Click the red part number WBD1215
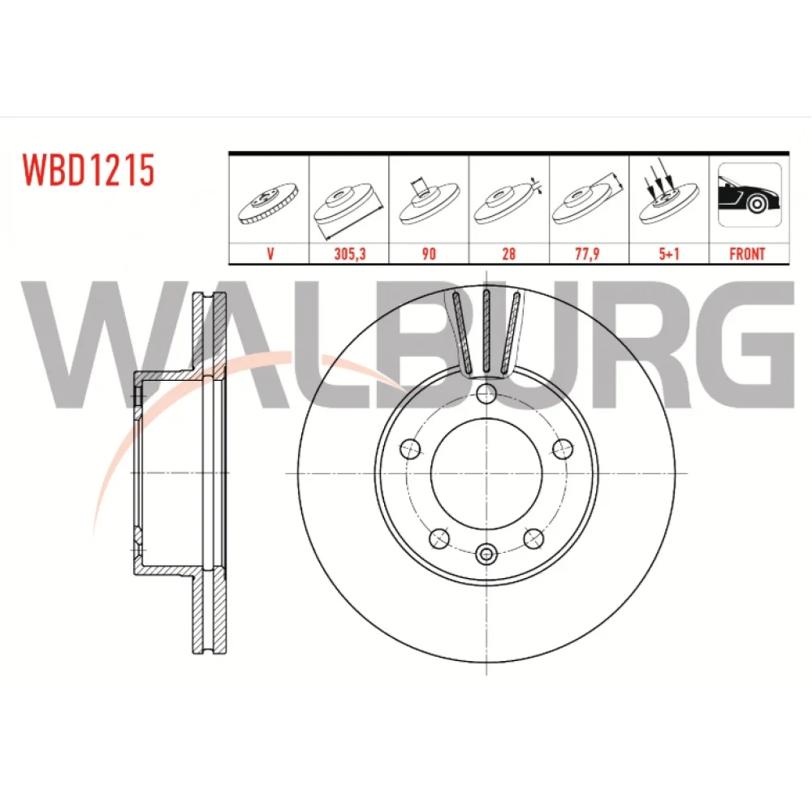coord(88,170)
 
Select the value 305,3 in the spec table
coord(349,253)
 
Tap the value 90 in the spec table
coord(429,253)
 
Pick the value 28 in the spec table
coord(508,253)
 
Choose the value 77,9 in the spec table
coord(587,253)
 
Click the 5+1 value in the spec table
coord(669,253)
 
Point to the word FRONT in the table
coord(747,253)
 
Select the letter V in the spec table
coord(270,253)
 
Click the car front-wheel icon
coord(749,195)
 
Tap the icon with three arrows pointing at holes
coord(668,192)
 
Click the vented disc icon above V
coord(268,203)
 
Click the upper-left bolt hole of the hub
coord(411,448)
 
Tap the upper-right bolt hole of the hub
coord(563,448)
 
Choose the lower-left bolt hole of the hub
coord(439,538)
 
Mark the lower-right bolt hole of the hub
coord(533,538)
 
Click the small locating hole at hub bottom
coord(486,555)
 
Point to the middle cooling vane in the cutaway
coord(486,330)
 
